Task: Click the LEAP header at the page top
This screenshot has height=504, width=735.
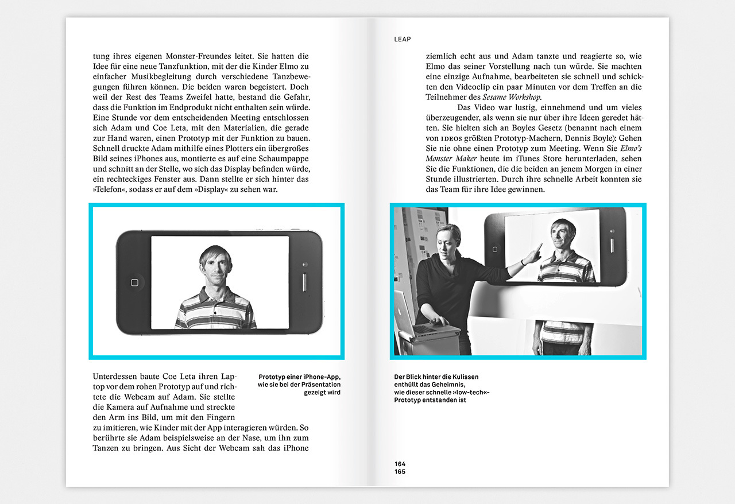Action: tap(403, 39)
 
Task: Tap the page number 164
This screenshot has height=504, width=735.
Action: tap(400, 464)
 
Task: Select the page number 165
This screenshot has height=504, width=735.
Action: tap(400, 471)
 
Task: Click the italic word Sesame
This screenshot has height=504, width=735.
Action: tap(494, 97)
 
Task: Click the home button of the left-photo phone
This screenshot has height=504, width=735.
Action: tap(134, 282)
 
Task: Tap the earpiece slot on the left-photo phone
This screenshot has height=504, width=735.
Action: tap(304, 282)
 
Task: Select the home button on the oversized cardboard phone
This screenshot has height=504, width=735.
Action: tap(495, 249)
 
